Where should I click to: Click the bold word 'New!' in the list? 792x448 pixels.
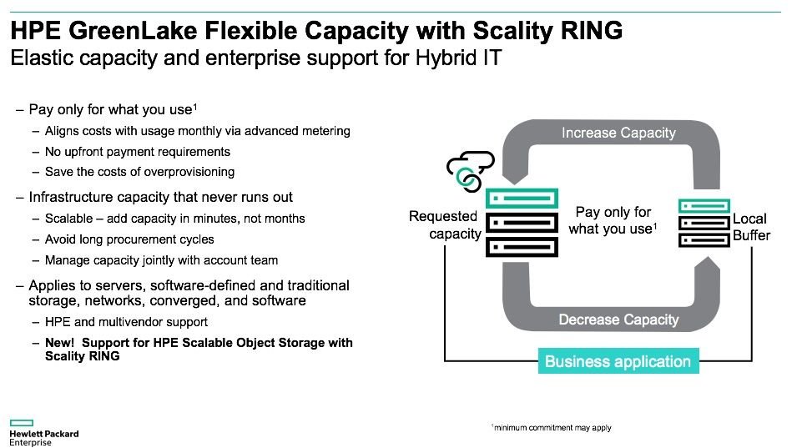(x=62, y=343)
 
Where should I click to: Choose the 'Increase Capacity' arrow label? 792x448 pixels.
(x=618, y=133)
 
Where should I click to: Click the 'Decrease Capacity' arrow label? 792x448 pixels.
(x=618, y=320)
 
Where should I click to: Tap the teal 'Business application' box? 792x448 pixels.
(x=618, y=361)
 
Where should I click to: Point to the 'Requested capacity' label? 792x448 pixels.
(x=443, y=225)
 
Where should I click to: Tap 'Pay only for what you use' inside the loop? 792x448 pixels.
(x=613, y=220)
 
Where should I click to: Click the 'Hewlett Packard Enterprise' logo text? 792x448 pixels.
(x=43, y=438)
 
